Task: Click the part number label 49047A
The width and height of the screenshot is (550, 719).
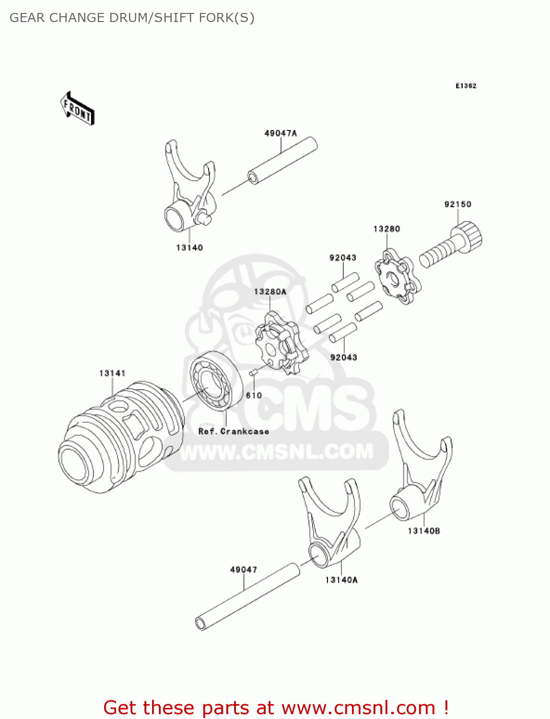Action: tap(281, 133)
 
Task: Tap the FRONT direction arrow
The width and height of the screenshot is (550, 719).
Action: tap(77, 109)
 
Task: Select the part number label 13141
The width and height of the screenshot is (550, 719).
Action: tap(112, 373)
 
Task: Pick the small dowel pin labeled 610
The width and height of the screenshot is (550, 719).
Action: tap(253, 371)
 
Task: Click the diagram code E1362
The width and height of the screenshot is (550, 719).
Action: tap(466, 86)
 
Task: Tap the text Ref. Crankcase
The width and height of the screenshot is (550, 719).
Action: tap(234, 431)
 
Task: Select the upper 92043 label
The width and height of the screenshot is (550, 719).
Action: tap(343, 258)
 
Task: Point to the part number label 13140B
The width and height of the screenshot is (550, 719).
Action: tap(424, 531)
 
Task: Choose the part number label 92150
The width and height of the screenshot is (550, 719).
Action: tap(458, 204)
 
